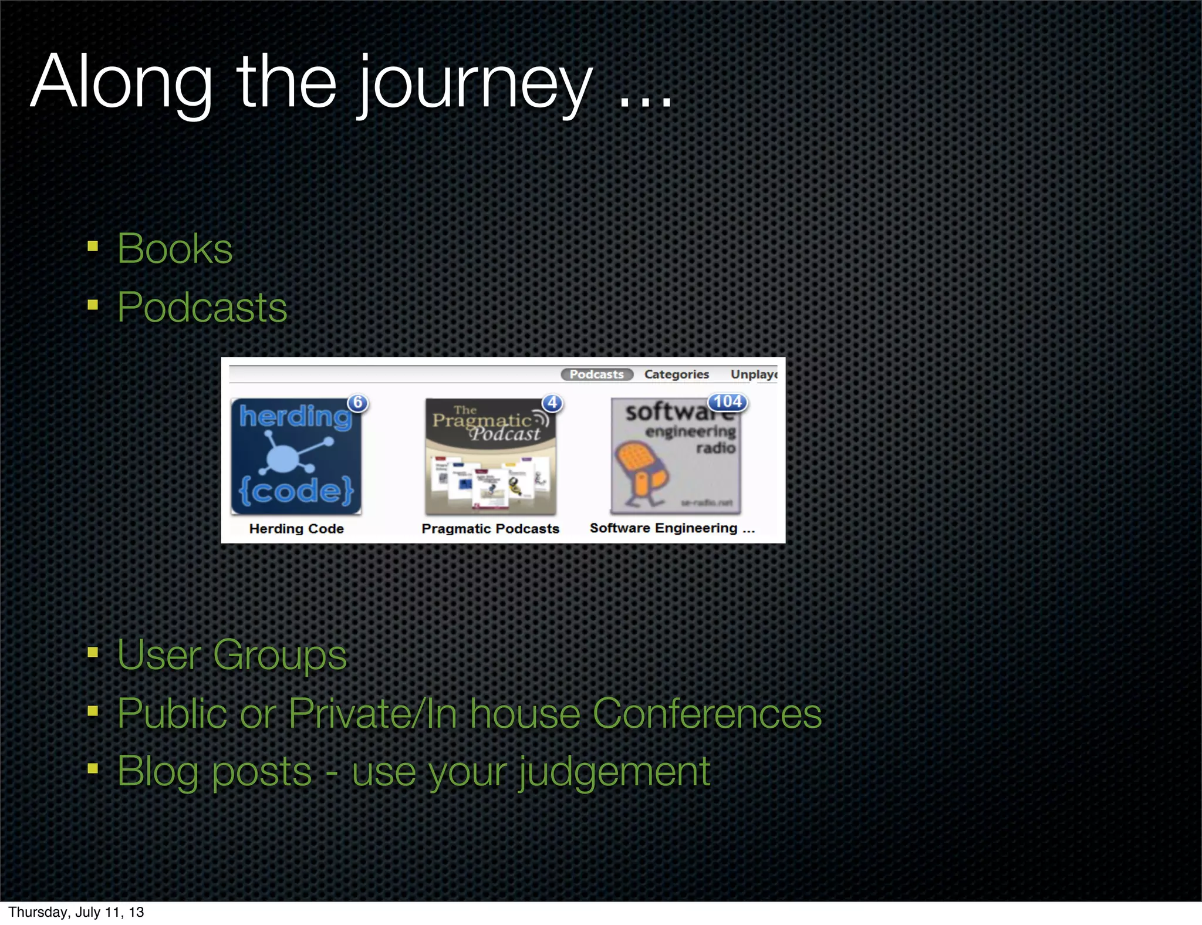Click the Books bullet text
pos(175,249)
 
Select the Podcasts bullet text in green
pos(202,308)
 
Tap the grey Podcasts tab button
pos(596,374)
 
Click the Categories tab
pos(676,374)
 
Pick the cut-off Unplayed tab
pos(754,374)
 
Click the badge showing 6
pos(357,403)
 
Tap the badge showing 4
pos(552,403)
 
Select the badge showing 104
pos(727,402)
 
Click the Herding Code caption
pos(296,529)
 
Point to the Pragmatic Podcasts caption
pos(490,529)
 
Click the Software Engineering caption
pos(672,528)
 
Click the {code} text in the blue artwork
pos(296,490)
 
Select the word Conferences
pos(707,714)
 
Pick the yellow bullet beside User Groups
pos(93,653)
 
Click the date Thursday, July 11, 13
pos(76,912)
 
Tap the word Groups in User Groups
pos(279,655)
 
